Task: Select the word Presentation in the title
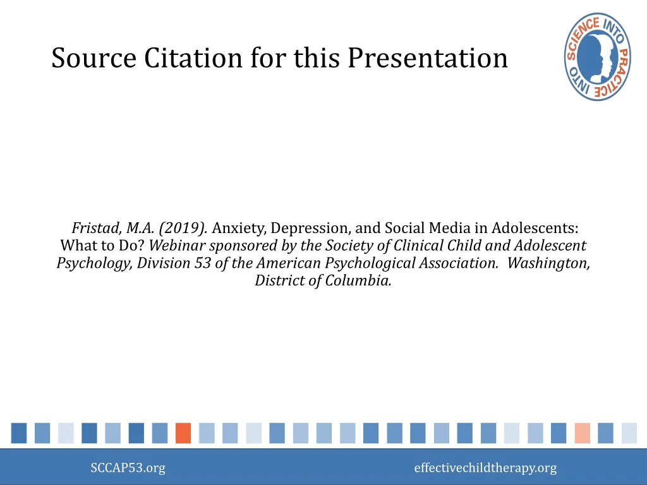tap(427, 58)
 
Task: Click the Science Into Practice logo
tap(597, 56)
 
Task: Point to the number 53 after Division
tap(202, 263)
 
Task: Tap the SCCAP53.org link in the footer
tap(128, 468)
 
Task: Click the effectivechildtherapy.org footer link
tap(485, 468)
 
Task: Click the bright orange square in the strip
tap(183, 433)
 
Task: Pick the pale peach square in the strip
tap(583, 433)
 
